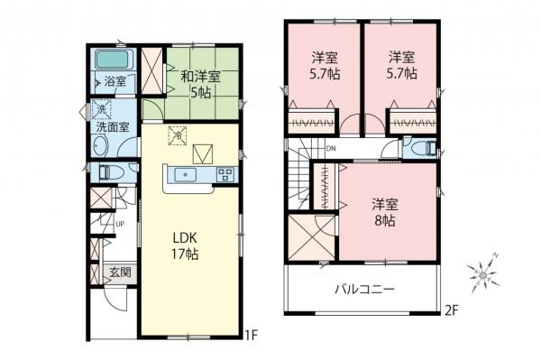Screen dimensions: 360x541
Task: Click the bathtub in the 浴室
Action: coord(115,61)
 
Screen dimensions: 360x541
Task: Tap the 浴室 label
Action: coord(115,82)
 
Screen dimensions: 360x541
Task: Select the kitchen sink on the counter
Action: coord(187,174)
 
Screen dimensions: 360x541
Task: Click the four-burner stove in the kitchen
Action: coord(224,174)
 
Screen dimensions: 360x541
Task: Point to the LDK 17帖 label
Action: coord(186,246)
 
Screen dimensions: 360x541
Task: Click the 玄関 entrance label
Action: coord(121,272)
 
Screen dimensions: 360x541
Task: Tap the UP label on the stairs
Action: coord(118,226)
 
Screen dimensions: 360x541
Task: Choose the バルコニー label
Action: coord(366,290)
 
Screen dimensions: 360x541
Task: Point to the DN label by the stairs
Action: coord(331,149)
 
